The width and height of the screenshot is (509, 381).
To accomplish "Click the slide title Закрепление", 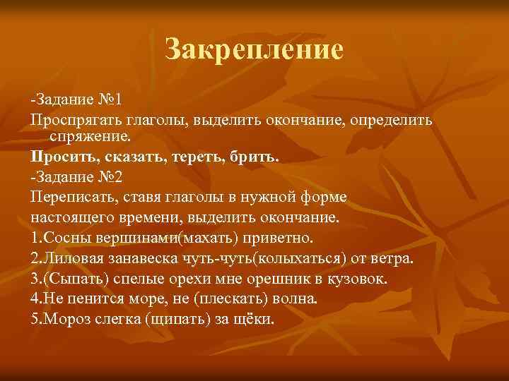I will (x=254, y=49).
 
